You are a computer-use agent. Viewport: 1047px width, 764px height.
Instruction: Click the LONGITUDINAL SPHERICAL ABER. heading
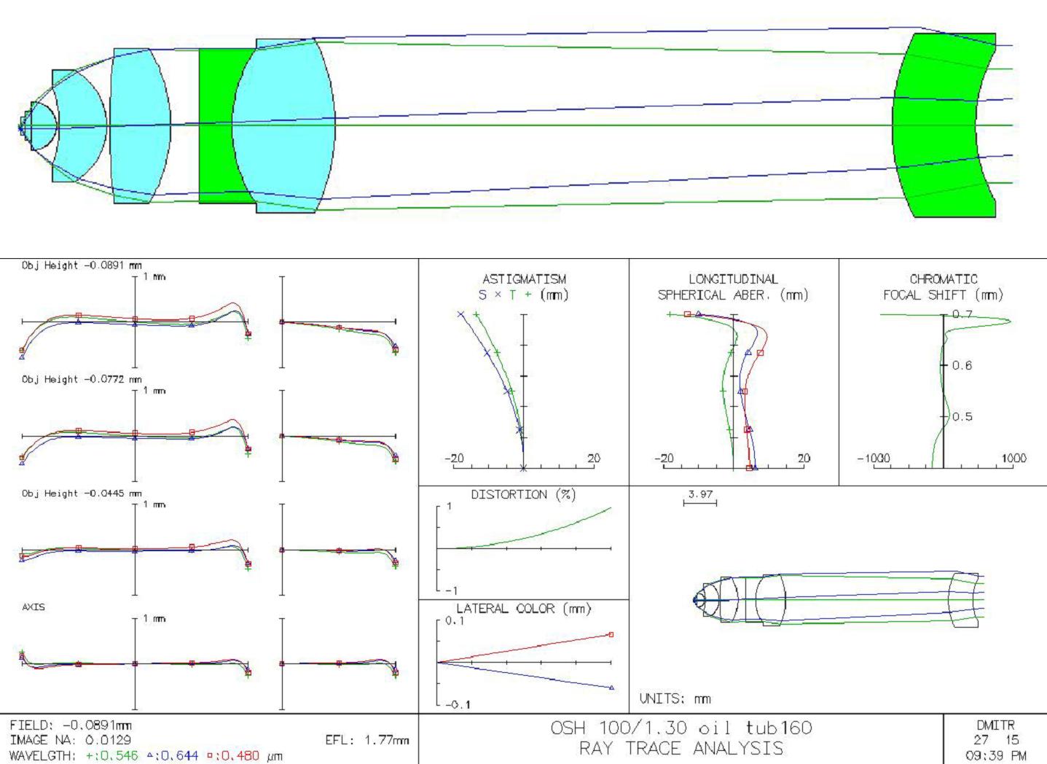click(x=734, y=286)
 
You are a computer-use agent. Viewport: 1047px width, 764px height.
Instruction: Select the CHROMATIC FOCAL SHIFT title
click(x=944, y=286)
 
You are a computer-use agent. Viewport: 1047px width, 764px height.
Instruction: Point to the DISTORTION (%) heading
click(x=523, y=495)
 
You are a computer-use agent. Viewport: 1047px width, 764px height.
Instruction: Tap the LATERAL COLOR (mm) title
click(x=523, y=609)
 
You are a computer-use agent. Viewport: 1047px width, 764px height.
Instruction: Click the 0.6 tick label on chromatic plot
click(x=962, y=365)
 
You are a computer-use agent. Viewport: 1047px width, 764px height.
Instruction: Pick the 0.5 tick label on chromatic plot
click(x=962, y=416)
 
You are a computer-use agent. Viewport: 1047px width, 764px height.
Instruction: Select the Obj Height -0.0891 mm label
click(x=82, y=265)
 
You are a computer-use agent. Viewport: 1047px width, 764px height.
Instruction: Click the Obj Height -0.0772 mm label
click(x=82, y=379)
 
